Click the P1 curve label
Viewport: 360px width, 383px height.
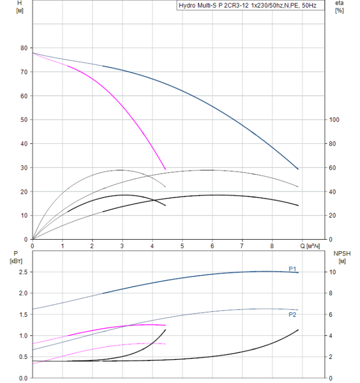pyautogui.click(x=293, y=268)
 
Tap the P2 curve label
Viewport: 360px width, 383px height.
pyautogui.click(x=293, y=315)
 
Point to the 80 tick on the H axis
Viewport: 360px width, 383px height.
pyautogui.click(x=24, y=48)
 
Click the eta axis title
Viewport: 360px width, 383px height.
pyautogui.click(x=339, y=4)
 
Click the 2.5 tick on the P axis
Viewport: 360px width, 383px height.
pyautogui.click(x=22, y=272)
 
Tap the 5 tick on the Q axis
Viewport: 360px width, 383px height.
pyautogui.click(x=182, y=246)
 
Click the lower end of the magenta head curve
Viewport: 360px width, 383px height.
pyautogui.click(x=165, y=169)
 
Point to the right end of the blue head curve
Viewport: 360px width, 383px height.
pyautogui.click(x=298, y=169)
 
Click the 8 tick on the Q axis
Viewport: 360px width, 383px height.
pyautogui.click(x=272, y=246)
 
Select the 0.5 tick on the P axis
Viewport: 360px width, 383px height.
pyautogui.click(x=22, y=357)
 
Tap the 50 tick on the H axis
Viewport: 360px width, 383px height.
pyautogui.click(x=24, y=120)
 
